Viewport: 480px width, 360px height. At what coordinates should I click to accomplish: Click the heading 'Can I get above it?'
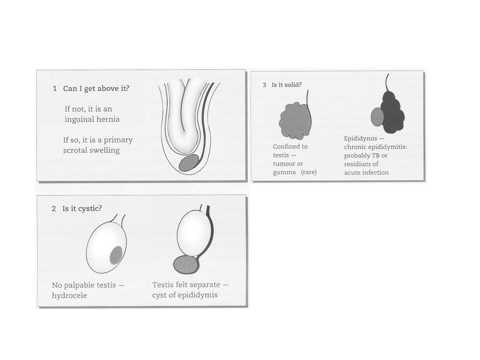pyautogui.click(x=96, y=89)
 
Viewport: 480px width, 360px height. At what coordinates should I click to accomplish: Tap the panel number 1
pyautogui.click(x=55, y=89)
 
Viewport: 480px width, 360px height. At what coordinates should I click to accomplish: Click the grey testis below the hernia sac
pyautogui.click(x=189, y=163)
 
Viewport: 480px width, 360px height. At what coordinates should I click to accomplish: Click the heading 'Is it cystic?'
pyautogui.click(x=82, y=209)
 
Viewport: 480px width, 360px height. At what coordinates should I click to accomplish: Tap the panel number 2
pyautogui.click(x=54, y=209)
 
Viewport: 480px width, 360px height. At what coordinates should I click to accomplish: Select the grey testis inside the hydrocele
pyautogui.click(x=116, y=255)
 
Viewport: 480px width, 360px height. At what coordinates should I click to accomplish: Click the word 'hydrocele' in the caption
pyautogui.click(x=69, y=295)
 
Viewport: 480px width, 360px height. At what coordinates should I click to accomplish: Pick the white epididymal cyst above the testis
pyautogui.click(x=194, y=233)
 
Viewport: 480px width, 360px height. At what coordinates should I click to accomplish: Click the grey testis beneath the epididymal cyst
pyautogui.click(x=186, y=265)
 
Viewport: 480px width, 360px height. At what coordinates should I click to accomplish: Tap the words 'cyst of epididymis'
pyautogui.click(x=185, y=295)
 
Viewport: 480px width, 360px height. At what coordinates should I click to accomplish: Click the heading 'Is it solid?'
pyautogui.click(x=286, y=85)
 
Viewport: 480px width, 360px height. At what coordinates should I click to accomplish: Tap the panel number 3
pyautogui.click(x=264, y=85)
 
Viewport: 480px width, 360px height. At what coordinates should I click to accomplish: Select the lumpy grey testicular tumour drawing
pyautogui.click(x=295, y=121)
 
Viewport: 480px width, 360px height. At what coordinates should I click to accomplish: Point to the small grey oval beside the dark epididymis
pyautogui.click(x=377, y=117)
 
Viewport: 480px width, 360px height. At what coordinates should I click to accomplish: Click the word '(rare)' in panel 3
pyautogui.click(x=309, y=172)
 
